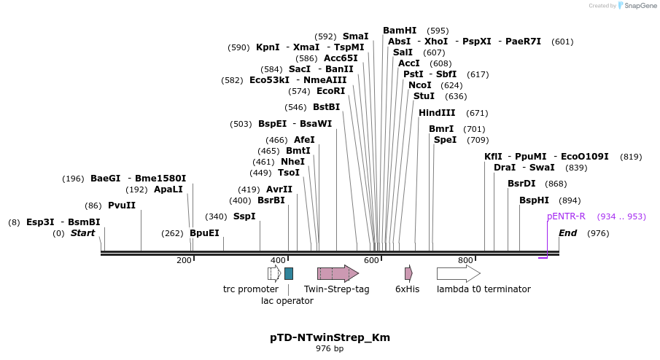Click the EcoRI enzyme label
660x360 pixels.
330,91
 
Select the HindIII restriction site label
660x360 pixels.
437,113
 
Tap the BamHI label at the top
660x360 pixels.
400,31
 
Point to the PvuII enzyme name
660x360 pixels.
122,206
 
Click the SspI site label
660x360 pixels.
244,216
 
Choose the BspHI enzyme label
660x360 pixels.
534,200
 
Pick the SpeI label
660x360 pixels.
445,139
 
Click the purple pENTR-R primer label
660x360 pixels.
566,216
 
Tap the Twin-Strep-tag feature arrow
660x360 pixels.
338,273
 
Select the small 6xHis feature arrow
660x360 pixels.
408,273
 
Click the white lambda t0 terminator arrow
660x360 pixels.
458,273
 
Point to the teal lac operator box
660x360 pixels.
289,273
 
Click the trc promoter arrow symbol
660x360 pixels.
274,273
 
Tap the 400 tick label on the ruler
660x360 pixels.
278,260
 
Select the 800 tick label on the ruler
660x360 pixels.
465,260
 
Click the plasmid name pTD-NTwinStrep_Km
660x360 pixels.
330,337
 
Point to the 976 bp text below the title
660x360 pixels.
330,349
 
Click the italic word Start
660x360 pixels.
82,233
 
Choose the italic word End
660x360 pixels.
568,233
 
